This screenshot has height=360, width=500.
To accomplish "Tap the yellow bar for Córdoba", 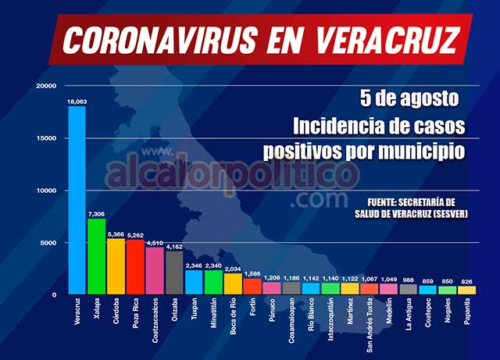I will coord(116,266).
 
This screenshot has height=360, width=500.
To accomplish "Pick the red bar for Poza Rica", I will coord(135,267).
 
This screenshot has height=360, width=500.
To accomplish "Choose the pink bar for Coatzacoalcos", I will coord(155,271).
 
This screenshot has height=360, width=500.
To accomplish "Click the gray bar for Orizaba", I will coord(174,273).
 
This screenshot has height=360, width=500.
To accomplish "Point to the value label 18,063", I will coord(77,101).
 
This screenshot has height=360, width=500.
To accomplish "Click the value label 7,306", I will coord(96,213).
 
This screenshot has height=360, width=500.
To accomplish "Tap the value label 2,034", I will coord(233,269).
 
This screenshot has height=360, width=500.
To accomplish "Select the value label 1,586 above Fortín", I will coord(252,273).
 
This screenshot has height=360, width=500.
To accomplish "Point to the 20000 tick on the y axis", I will coord(47,86).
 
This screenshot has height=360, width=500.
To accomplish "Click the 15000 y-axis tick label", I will coord(47,138).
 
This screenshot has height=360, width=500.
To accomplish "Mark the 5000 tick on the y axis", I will coord(49,243).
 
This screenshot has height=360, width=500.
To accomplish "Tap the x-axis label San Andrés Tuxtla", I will coord(370,323).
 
